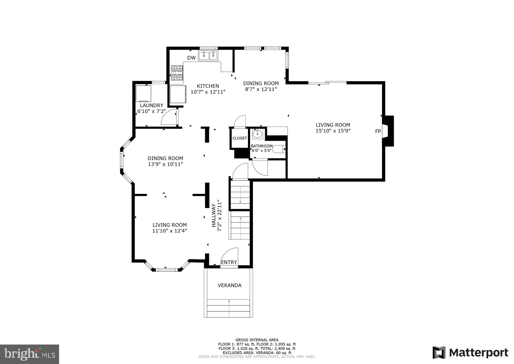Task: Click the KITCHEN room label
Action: tap(208, 86)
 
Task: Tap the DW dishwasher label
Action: tap(191, 58)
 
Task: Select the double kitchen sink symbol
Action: tap(209, 56)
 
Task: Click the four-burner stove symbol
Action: tap(177, 73)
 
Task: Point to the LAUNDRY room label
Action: tap(151, 105)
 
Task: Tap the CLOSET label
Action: tap(239, 138)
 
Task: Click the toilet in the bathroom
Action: tap(279, 149)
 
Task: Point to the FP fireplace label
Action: tap(378, 131)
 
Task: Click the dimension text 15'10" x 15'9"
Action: tap(333, 131)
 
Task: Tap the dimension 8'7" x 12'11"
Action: tap(261, 89)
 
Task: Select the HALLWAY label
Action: tap(214, 215)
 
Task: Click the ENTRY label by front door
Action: tap(229, 262)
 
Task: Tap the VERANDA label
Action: tap(229, 285)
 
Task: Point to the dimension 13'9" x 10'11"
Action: tap(165, 164)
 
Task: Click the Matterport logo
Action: tap(470, 353)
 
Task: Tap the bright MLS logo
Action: tap(30, 354)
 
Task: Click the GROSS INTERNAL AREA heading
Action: tap(257, 340)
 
